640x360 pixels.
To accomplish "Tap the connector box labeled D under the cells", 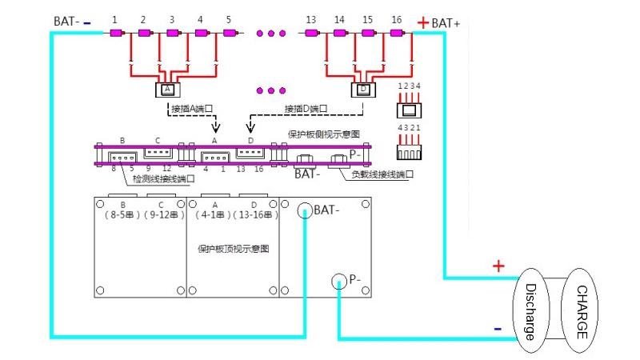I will click(364, 89).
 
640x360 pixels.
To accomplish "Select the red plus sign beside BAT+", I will click(422, 22).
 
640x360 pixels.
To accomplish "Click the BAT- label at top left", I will click(66, 21).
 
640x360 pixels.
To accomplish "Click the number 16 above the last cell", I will click(396, 18).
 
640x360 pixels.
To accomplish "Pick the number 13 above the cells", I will click(310, 18).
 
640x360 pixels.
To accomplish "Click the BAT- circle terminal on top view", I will click(305, 210).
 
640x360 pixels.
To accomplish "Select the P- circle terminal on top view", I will click(339, 280).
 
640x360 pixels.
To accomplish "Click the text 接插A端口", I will click(194, 108).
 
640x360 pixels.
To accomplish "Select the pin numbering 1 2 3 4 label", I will click(408, 86).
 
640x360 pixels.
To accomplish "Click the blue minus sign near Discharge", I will click(498, 328).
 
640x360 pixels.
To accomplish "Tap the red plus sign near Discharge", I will click(498, 266).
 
